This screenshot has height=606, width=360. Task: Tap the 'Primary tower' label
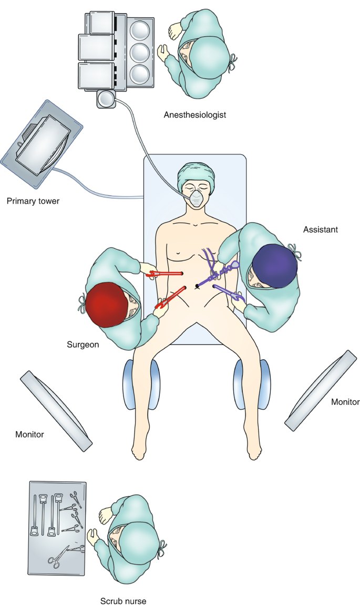pyautogui.click(x=32, y=201)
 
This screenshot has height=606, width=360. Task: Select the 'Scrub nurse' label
pyautogui.click(x=123, y=601)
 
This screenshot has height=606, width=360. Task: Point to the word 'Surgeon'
pyautogui.click(x=83, y=346)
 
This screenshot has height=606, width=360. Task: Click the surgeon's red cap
pyautogui.click(x=107, y=305)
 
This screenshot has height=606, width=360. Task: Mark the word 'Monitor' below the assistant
pyautogui.click(x=345, y=402)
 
